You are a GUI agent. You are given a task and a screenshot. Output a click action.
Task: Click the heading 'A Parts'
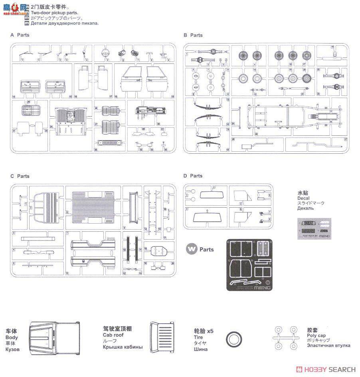click(x=20, y=35)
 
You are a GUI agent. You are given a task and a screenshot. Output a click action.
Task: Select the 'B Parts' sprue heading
click(x=193, y=35)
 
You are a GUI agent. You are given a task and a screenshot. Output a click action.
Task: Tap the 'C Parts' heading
click(x=20, y=176)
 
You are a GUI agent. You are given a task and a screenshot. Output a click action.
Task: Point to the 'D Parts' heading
click(x=193, y=176)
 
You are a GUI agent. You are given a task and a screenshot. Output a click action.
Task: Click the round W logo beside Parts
click(x=192, y=249)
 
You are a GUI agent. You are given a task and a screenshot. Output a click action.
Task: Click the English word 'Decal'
click(x=303, y=198)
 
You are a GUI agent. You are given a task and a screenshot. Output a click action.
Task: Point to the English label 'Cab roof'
click(x=113, y=335)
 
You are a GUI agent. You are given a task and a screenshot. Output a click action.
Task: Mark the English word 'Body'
click(x=12, y=337)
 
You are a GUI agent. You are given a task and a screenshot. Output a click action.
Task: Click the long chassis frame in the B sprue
click(x=287, y=116)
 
